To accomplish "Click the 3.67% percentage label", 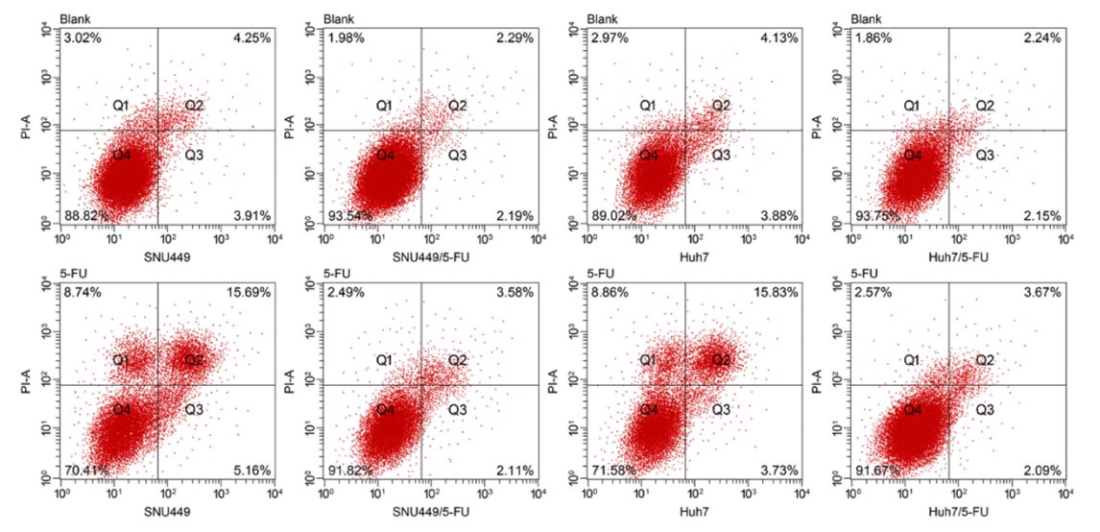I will pyautogui.click(x=1041, y=293).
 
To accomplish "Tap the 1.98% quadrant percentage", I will pyautogui.click(x=346, y=39).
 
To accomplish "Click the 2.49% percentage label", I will pyautogui.click(x=346, y=293).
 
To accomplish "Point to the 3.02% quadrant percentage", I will pyautogui.click(x=82, y=39).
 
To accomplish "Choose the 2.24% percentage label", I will pyautogui.click(x=1041, y=39).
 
